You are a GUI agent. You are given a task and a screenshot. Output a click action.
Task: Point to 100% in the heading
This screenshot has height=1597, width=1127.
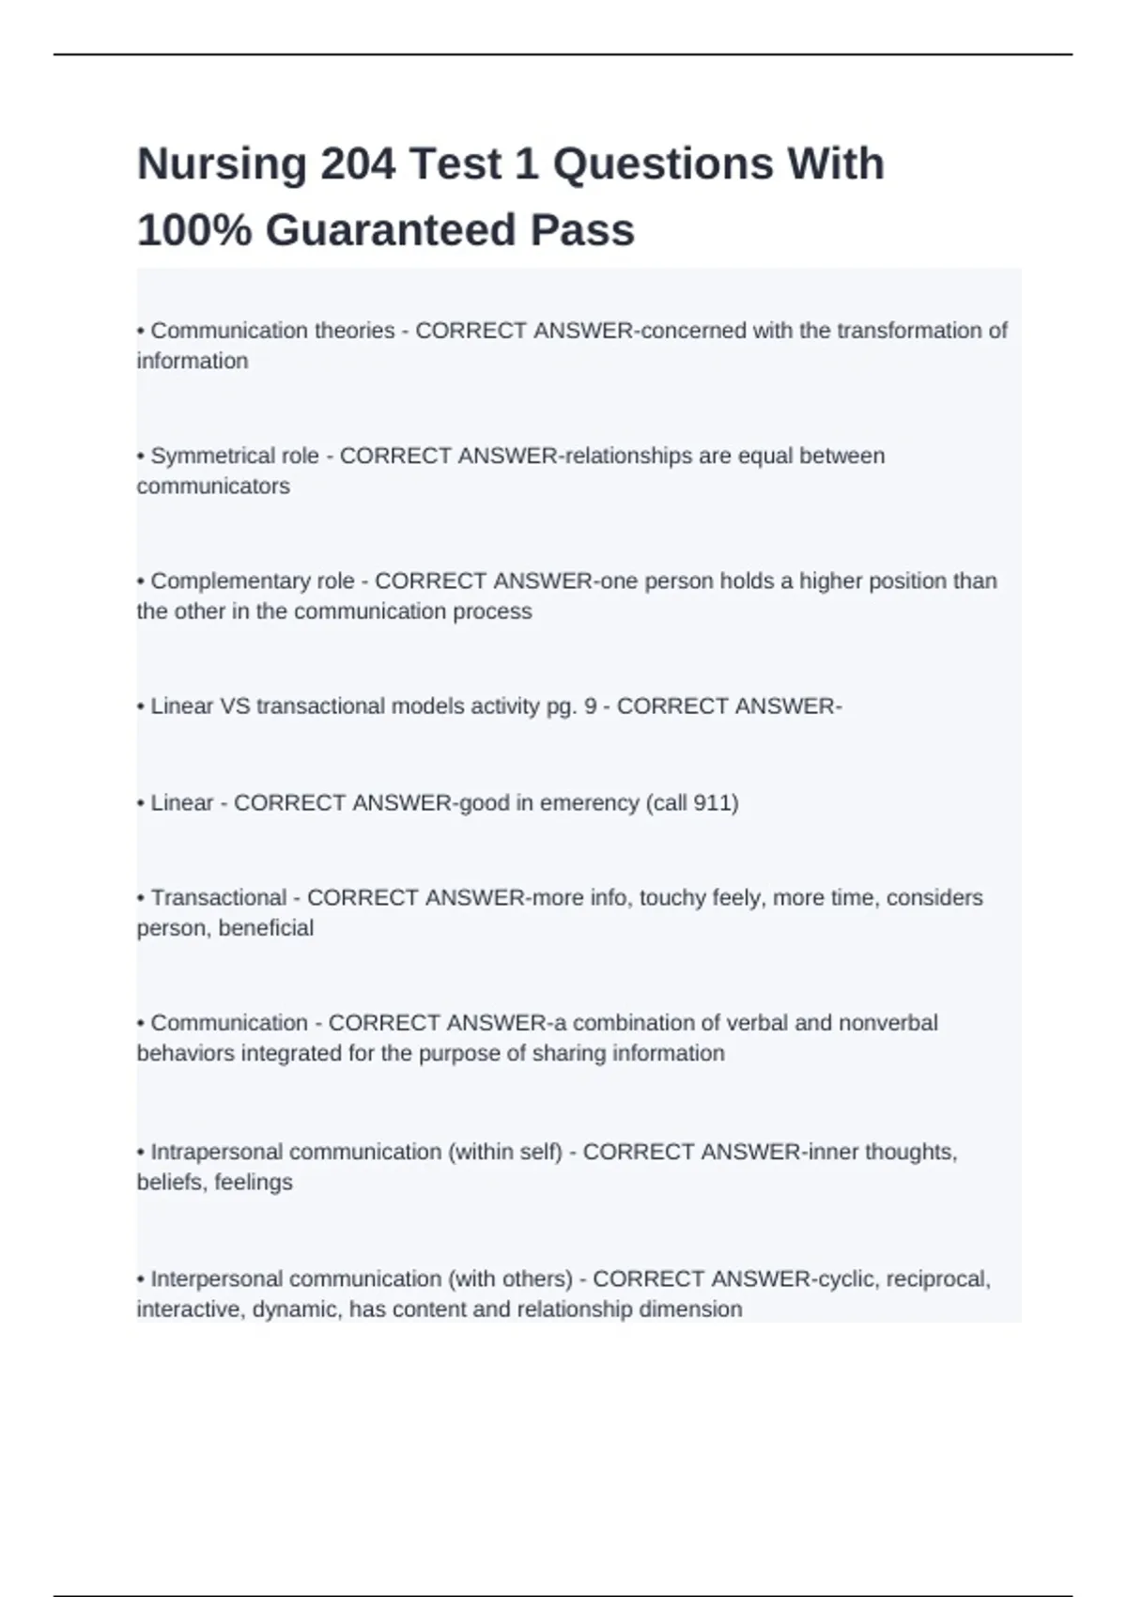[194, 230]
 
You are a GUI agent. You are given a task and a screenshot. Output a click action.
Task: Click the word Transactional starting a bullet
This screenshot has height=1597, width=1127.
[218, 898]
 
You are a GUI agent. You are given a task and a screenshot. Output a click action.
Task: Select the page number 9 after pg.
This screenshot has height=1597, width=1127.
[590, 706]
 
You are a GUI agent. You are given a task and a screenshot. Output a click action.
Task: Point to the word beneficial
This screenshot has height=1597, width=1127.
[266, 928]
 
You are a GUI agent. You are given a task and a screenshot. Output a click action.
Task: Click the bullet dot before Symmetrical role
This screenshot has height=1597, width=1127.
[141, 457]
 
